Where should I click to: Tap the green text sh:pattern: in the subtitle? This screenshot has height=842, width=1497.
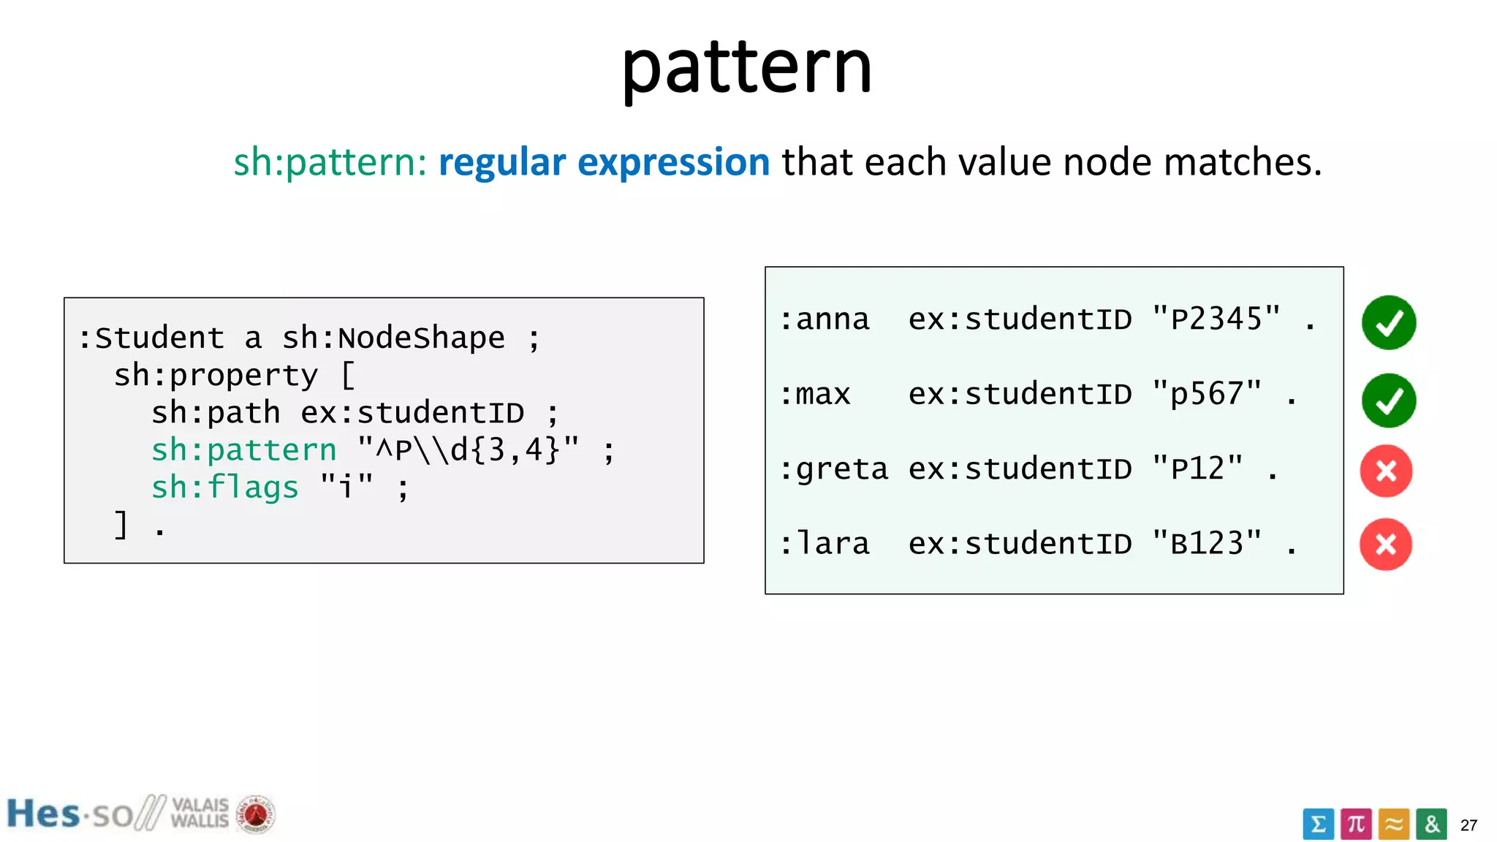tap(330, 162)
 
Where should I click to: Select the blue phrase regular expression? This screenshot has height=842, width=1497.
tap(604, 162)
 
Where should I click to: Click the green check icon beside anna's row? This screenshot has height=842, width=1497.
tap(1388, 322)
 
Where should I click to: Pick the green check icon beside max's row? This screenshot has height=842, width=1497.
tap(1388, 400)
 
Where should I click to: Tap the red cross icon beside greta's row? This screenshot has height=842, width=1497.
tap(1386, 471)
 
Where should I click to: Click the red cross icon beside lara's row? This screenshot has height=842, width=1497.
tap(1385, 545)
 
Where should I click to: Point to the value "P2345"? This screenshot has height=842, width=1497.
tap(1216, 319)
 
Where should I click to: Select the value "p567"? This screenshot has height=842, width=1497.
tap(1206, 395)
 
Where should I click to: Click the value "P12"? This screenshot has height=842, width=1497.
tap(1197, 469)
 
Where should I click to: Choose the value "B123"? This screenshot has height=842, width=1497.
tap(1206, 544)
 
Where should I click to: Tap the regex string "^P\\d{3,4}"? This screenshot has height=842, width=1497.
tap(468, 450)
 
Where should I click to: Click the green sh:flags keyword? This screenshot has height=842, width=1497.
tap(224, 488)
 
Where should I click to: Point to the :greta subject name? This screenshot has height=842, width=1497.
tap(833, 469)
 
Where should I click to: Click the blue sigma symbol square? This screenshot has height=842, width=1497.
tap(1318, 824)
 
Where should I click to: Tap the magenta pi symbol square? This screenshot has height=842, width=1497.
tap(1356, 824)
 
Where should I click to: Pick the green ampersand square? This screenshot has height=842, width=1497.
tap(1431, 824)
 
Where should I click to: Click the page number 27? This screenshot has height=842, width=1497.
tap(1468, 825)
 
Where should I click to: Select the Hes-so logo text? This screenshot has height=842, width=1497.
tap(69, 814)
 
